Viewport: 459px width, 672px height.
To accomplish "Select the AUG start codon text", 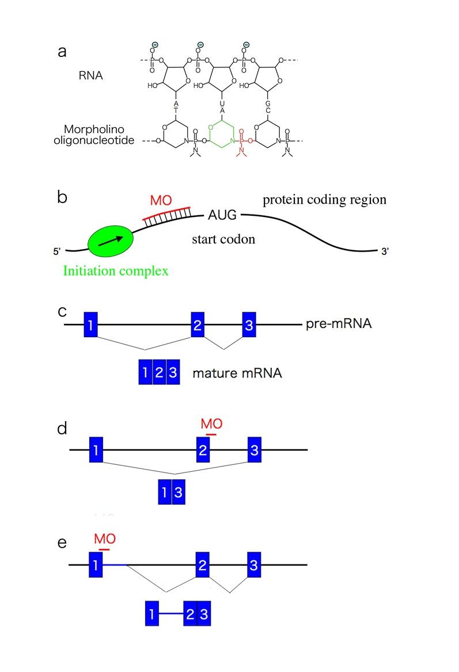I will [221, 217].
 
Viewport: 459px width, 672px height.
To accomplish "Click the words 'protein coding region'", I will [324, 200].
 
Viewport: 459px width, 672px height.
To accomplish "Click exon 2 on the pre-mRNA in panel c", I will [198, 325].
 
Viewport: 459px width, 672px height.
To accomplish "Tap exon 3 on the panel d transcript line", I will [255, 449].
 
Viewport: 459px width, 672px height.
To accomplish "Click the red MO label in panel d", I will [211, 424].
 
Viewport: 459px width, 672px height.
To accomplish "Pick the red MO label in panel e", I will [105, 539].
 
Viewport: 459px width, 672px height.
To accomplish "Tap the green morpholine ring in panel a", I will [218, 133].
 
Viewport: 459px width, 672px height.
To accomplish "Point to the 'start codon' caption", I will [223, 238].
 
